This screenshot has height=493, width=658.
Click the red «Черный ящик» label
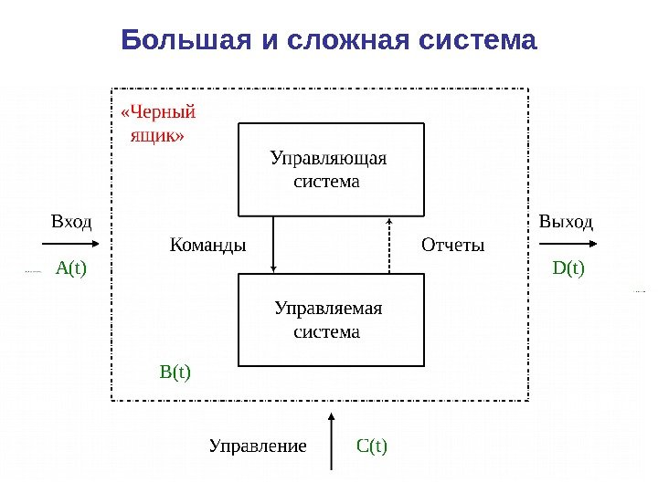(x=157, y=124)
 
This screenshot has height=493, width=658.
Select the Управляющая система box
(x=331, y=169)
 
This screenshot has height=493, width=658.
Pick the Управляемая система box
(x=331, y=320)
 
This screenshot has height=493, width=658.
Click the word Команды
(x=208, y=246)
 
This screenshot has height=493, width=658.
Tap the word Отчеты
(x=452, y=246)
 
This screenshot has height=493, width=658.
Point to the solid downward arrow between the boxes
(x=274, y=244)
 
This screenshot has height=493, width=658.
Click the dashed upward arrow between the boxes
(x=389, y=245)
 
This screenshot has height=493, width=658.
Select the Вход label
(x=71, y=222)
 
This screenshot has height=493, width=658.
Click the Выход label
(x=566, y=222)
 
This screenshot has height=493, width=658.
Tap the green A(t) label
(x=70, y=268)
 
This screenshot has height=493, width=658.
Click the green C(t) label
(x=372, y=446)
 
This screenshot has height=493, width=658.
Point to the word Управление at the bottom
(x=257, y=446)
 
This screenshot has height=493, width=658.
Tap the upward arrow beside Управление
(x=330, y=443)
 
